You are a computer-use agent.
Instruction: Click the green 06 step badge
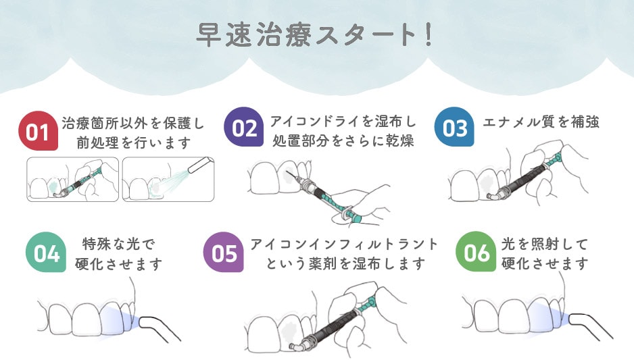coord(477,253)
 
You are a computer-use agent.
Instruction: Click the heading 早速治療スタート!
coord(316,35)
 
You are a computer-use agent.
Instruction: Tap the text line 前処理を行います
coord(132,143)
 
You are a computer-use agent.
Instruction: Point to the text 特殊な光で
coord(118,244)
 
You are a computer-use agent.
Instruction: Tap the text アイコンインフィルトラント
coord(344,244)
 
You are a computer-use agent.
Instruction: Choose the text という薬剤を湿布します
coord(344,263)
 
